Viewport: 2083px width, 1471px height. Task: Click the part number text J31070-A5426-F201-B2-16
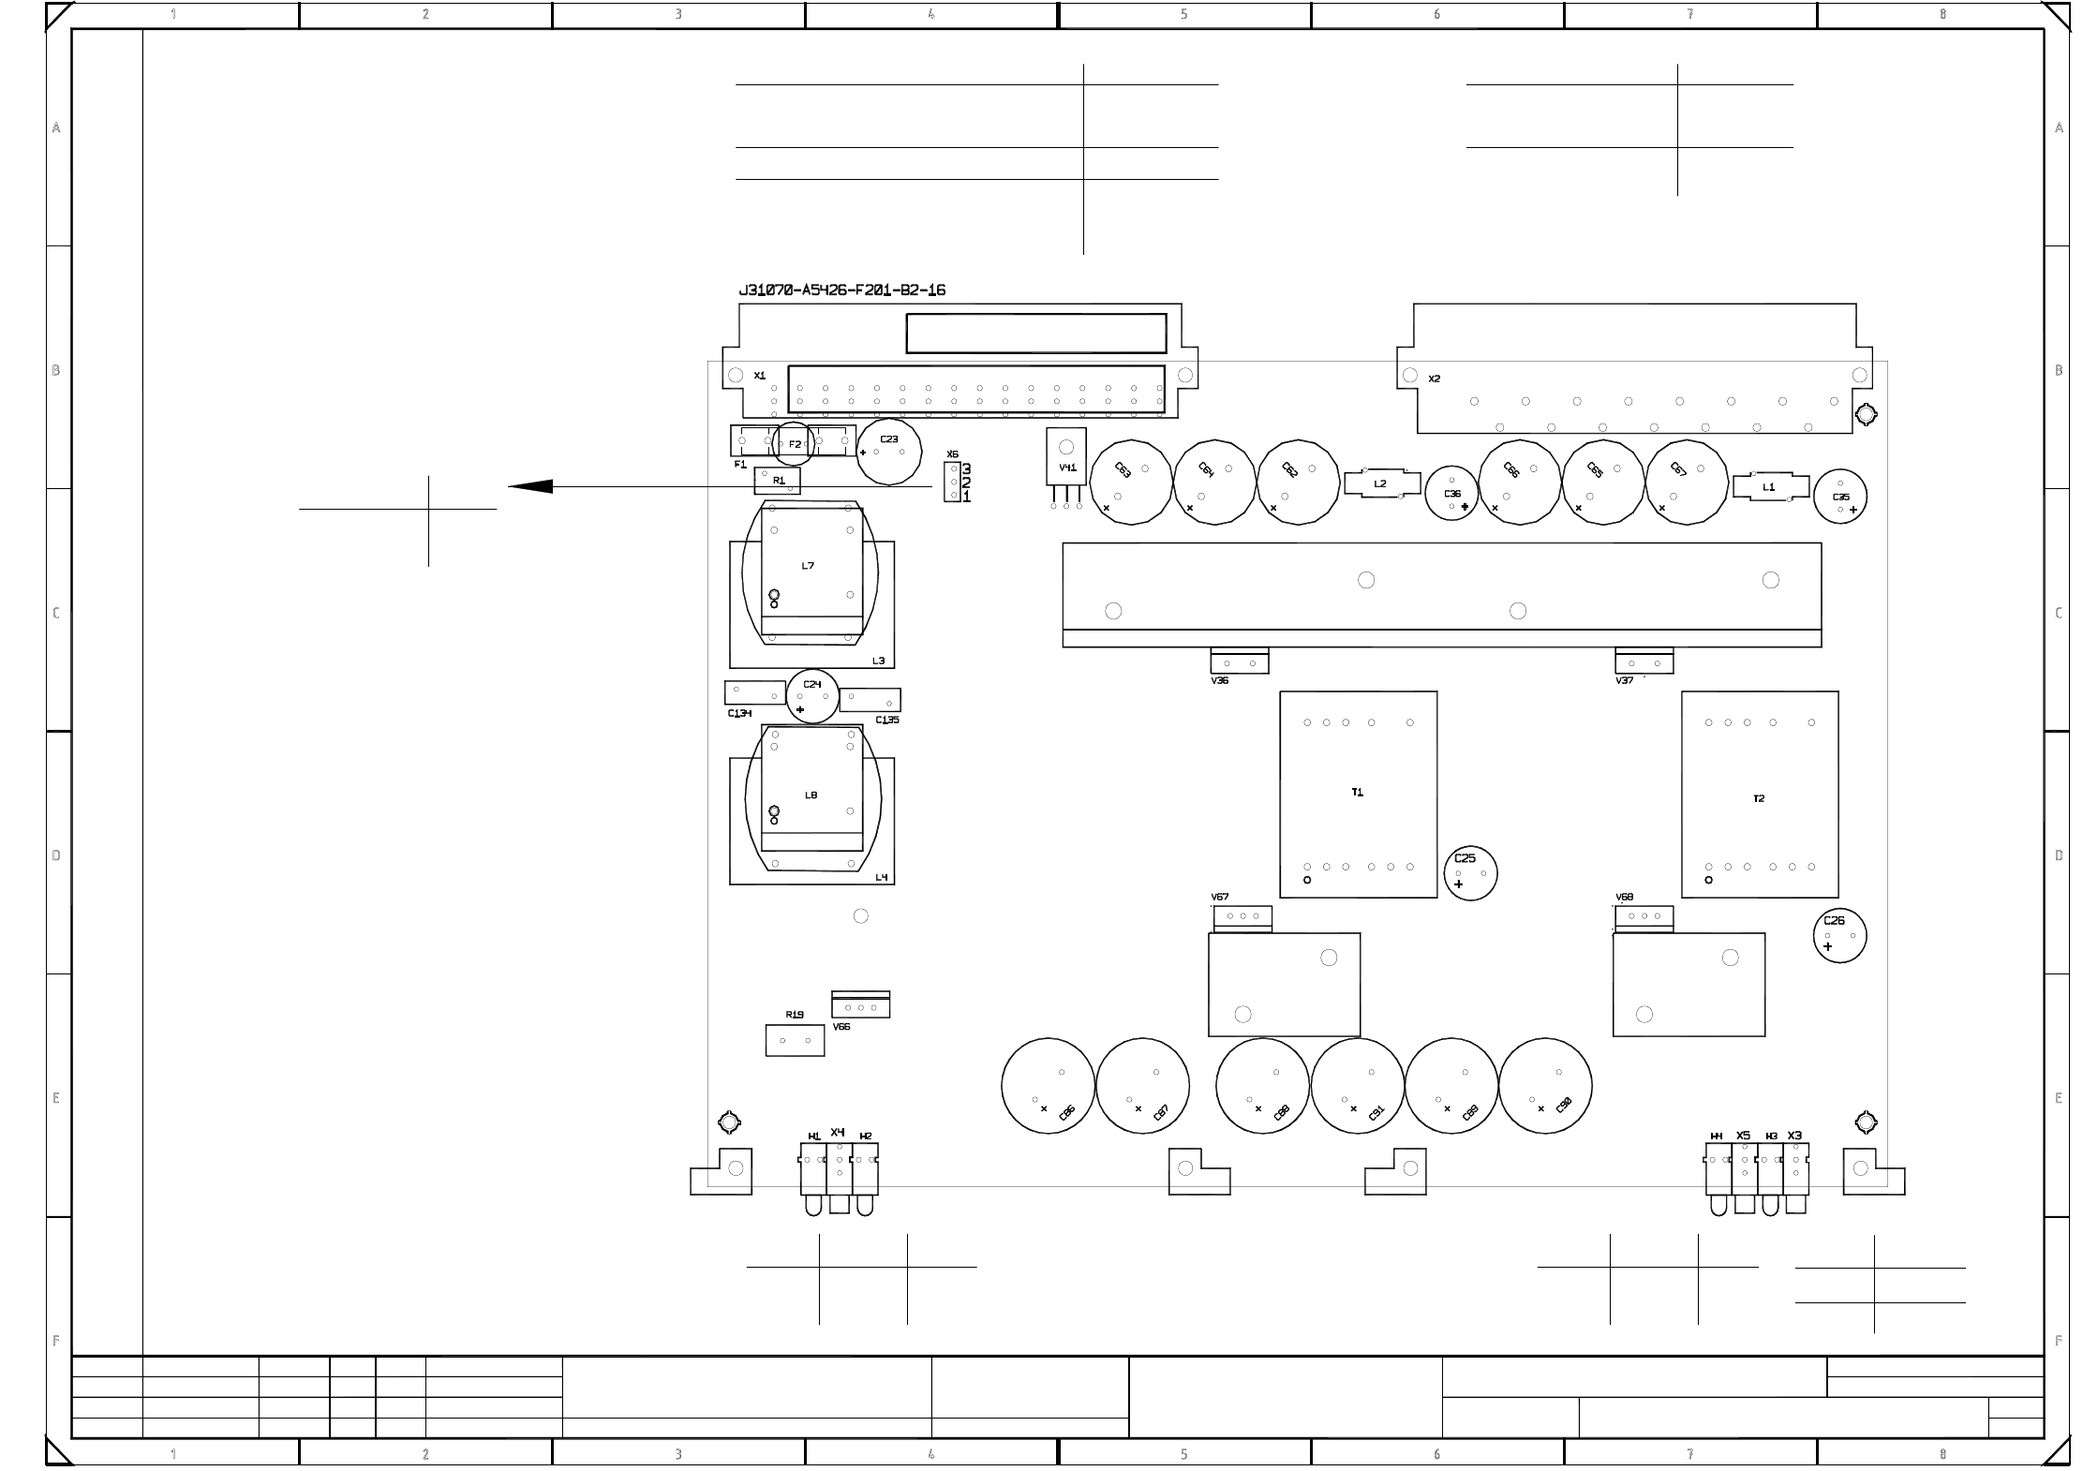coord(842,290)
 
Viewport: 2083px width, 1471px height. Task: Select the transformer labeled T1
coord(1358,795)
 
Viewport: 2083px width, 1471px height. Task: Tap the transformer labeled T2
coord(1759,795)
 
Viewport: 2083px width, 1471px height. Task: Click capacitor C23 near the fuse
coord(889,453)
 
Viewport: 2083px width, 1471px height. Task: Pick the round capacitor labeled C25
coord(1470,872)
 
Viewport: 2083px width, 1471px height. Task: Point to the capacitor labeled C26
coord(1839,935)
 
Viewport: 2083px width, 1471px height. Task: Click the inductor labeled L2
coord(1379,483)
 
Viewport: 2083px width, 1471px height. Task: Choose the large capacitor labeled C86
coord(1048,1085)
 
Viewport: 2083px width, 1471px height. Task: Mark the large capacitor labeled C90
coord(1545,1085)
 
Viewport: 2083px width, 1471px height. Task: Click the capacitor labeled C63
coord(1132,482)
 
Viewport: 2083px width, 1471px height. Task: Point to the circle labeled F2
coord(795,444)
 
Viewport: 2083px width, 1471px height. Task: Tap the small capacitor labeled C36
coord(1451,493)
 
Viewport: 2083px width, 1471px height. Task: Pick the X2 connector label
coord(1434,379)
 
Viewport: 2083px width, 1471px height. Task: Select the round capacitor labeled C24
coord(812,695)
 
